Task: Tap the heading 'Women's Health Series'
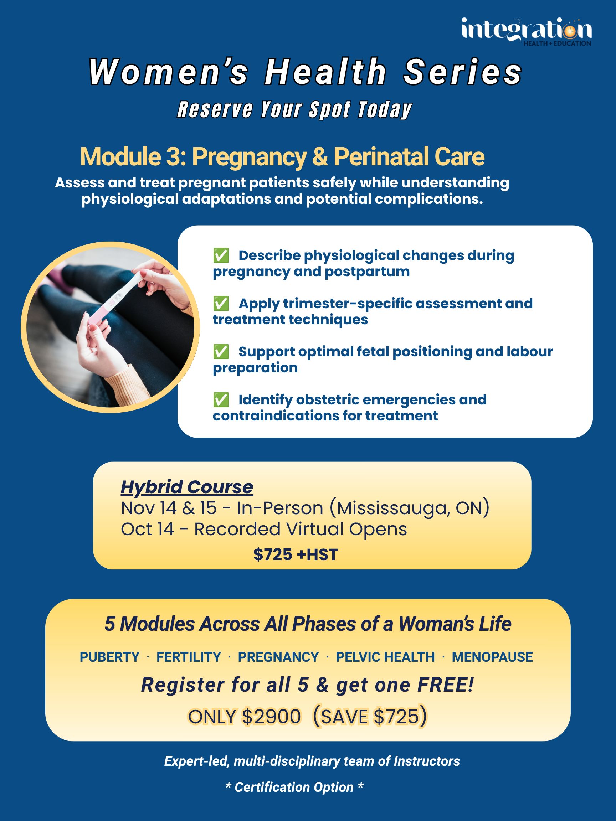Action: [305, 72]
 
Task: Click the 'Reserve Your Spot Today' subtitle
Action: [294, 110]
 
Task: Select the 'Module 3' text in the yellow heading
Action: [133, 157]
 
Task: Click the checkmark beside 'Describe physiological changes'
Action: [221, 255]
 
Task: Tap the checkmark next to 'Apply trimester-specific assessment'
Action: [221, 304]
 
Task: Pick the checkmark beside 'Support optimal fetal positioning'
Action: [221, 351]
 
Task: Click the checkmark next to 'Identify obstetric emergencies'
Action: [221, 400]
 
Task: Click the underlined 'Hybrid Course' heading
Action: [187, 487]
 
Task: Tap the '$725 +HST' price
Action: [296, 554]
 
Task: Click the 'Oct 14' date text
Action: [148, 529]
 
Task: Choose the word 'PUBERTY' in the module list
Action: [109, 657]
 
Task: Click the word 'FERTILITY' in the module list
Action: [189, 657]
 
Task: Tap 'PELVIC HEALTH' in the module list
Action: [385, 657]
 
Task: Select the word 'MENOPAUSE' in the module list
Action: [492, 657]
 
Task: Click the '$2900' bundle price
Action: [271, 716]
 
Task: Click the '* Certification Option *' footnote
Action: [294, 787]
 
